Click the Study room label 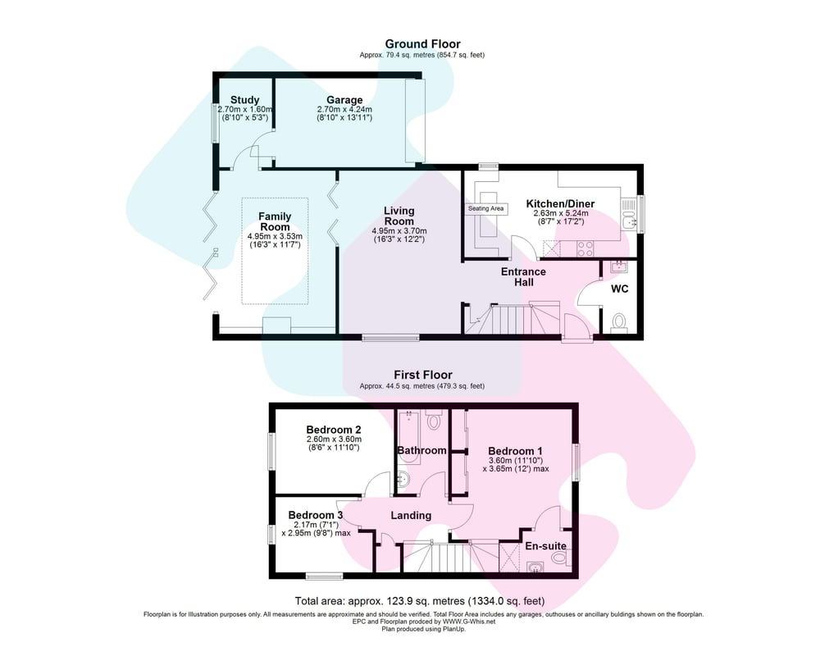point(244,100)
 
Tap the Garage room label point(344,100)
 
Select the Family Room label point(275,221)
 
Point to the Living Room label point(399,216)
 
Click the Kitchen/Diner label point(560,203)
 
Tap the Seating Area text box point(485,208)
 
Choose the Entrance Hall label point(523,276)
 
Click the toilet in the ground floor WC point(619,321)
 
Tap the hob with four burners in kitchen point(585,248)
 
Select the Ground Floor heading point(422,44)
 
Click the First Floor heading point(422,375)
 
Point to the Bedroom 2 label point(334,430)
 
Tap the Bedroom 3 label point(316,515)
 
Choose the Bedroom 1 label point(515,451)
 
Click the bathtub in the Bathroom point(408,437)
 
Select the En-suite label point(545,545)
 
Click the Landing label point(411,515)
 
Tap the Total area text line point(419,600)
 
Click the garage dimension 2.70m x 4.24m point(344,109)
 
